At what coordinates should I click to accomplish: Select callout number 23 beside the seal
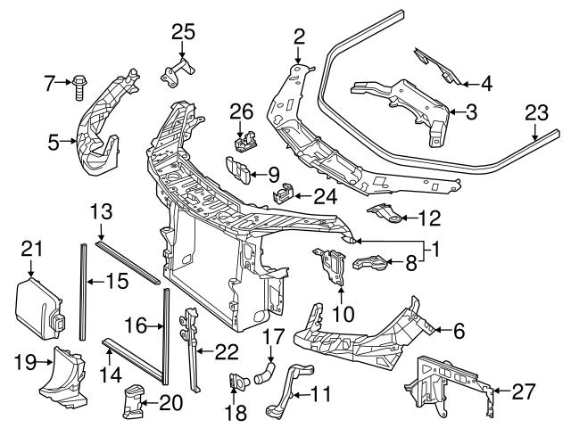click(x=534, y=114)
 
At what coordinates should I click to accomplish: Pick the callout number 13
click(x=102, y=211)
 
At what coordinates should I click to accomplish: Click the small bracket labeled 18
click(x=237, y=382)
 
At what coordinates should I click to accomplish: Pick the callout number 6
click(x=459, y=331)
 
